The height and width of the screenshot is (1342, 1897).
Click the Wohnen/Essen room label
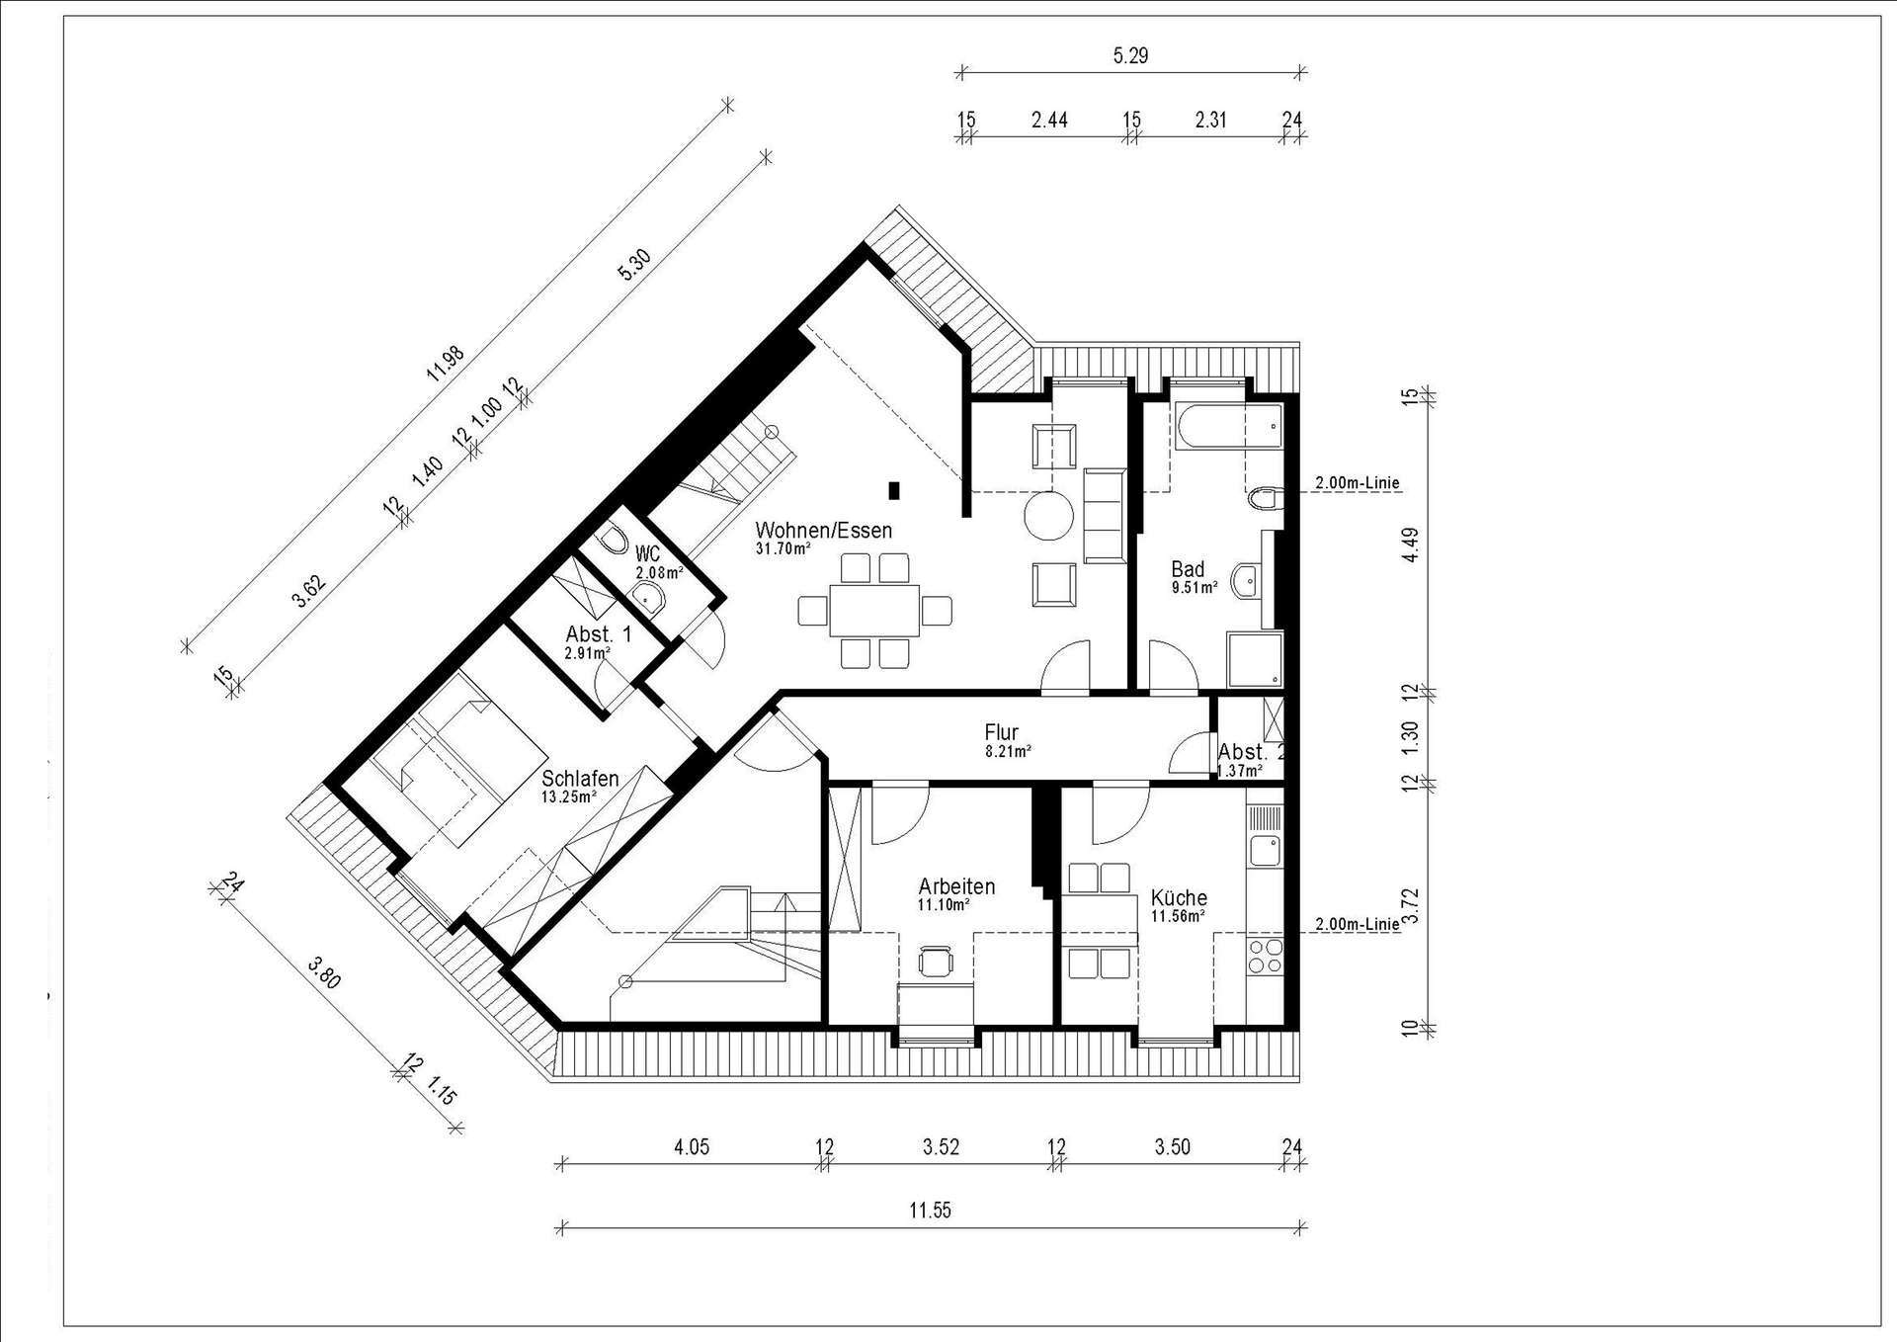pos(823,530)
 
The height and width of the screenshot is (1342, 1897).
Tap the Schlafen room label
pos(580,779)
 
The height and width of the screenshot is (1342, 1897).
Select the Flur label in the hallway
pos(1001,732)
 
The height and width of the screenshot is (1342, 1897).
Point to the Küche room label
pos(1179,897)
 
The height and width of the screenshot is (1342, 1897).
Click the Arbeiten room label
pos(956,885)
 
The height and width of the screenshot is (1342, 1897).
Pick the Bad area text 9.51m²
pos(1195,586)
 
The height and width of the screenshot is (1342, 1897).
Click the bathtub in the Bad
pos(1229,427)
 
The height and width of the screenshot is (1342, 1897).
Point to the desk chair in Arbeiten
pos(935,961)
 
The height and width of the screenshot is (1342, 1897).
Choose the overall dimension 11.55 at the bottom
pos(931,1210)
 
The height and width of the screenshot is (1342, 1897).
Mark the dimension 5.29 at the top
pos(1130,55)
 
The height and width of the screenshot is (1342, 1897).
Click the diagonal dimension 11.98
pos(445,364)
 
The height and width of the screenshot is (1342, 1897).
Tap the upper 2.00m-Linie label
pos(1357,483)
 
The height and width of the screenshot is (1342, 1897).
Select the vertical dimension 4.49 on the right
pos(1411,545)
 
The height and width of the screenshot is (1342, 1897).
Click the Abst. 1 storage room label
pos(598,634)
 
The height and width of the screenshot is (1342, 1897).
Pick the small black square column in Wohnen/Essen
pos(893,490)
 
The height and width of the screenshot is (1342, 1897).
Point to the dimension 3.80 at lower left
pos(324,972)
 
